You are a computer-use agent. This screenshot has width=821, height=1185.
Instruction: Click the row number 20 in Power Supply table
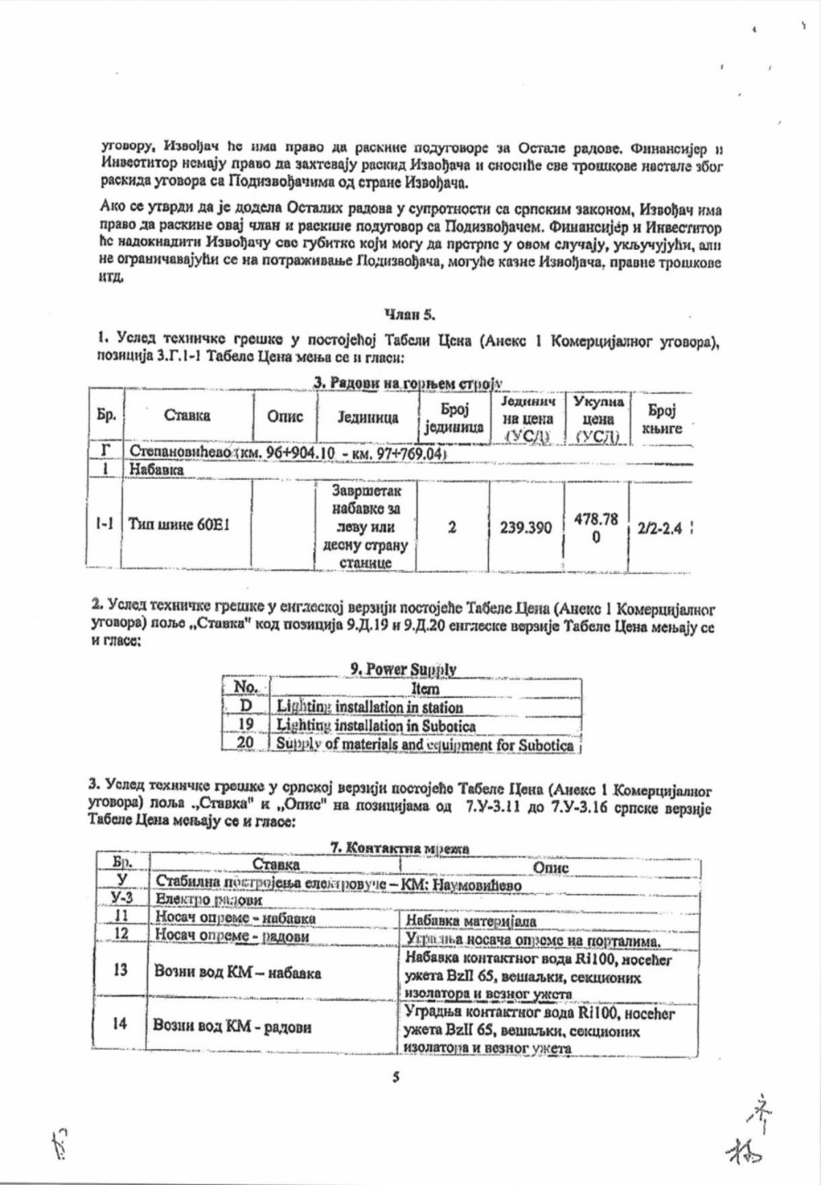point(243,743)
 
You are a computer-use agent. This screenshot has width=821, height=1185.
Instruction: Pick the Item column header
point(422,690)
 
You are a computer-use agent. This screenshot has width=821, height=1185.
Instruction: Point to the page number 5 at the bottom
point(396,1077)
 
